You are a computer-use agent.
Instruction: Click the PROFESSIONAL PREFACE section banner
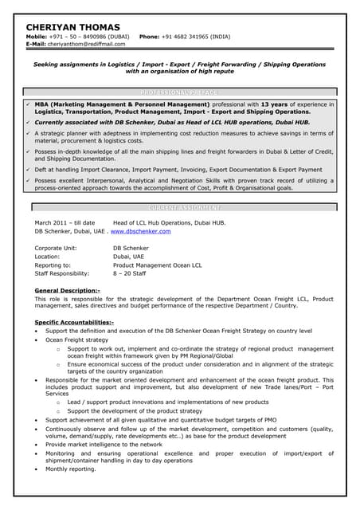point(179,92)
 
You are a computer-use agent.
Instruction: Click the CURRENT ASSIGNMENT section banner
point(179,207)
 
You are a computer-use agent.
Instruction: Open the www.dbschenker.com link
point(140,231)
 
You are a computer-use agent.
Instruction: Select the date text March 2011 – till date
point(65,222)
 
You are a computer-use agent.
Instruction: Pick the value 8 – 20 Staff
point(129,273)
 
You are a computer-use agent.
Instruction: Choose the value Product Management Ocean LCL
point(158,265)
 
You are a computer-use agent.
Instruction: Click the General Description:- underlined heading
point(68,291)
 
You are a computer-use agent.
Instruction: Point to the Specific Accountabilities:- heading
point(74,322)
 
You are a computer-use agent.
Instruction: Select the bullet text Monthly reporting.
point(71,469)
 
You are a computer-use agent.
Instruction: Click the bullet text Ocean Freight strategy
point(76,339)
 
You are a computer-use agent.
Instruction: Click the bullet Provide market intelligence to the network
point(104,445)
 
